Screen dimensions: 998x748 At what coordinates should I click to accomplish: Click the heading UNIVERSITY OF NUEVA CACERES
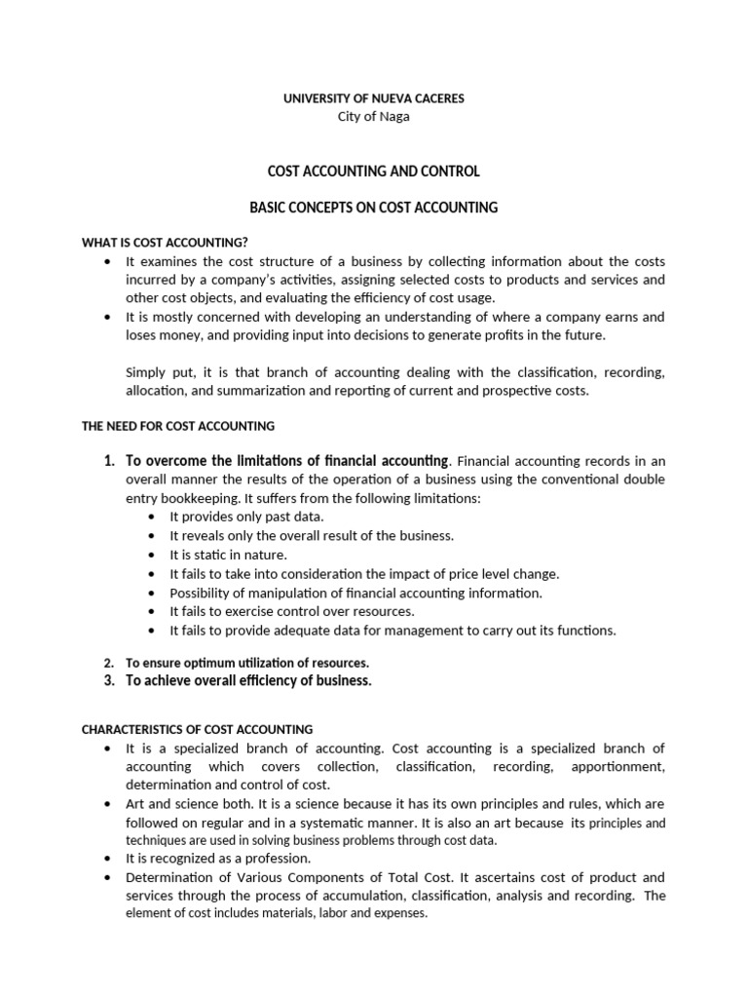click(373, 98)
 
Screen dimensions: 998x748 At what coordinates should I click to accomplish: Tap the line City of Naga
click(373, 117)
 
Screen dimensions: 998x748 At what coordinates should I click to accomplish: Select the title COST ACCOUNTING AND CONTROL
click(373, 172)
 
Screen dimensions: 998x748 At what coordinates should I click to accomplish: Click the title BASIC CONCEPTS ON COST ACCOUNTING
click(373, 208)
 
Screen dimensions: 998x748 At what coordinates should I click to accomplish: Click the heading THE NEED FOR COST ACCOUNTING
click(177, 426)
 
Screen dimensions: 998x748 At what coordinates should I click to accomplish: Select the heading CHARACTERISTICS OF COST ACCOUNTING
click(197, 729)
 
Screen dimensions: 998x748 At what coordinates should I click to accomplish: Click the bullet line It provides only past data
click(246, 517)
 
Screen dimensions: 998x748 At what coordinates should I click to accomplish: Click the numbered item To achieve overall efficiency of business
click(248, 681)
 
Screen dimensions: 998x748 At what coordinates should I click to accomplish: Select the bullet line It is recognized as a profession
click(218, 859)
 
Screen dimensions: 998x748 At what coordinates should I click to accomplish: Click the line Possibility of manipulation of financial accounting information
click(355, 593)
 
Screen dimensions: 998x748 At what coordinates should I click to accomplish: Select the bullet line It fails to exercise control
click(292, 611)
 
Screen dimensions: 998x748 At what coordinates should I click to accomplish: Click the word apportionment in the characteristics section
click(620, 767)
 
